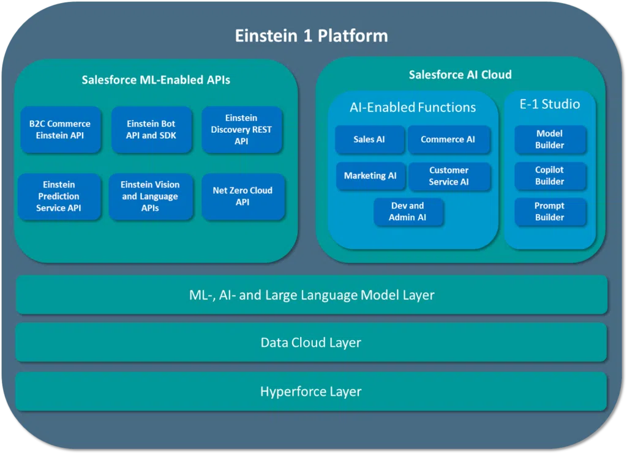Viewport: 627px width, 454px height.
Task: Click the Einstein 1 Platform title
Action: [x=311, y=35]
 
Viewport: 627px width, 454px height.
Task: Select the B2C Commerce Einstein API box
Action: [x=60, y=130]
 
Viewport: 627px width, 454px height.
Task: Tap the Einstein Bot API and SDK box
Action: [x=151, y=130]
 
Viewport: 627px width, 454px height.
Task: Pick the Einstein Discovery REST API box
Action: [x=241, y=130]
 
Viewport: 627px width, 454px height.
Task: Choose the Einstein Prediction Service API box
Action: [x=59, y=196]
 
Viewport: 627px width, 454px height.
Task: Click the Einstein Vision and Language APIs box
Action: [x=150, y=196]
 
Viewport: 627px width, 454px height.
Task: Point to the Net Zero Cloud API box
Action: [x=242, y=196]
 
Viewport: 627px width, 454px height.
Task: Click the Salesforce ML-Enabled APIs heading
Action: [x=156, y=80]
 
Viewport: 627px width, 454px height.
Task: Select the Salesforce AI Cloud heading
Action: [x=460, y=75]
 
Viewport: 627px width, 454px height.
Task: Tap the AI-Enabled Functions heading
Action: [x=412, y=107]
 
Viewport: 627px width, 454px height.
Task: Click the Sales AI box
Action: [x=369, y=140]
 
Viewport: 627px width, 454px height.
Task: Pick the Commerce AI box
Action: [x=448, y=140]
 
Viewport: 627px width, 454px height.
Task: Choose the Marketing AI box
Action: [x=370, y=176]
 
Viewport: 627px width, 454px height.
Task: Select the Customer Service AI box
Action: [x=449, y=176]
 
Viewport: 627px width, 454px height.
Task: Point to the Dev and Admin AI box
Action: [x=408, y=212]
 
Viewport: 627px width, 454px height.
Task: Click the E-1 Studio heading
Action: [x=549, y=104]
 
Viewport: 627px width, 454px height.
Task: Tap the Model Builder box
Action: [x=549, y=140]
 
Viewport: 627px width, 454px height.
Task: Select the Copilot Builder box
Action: [x=549, y=176]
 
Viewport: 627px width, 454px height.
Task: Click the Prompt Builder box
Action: [x=549, y=212]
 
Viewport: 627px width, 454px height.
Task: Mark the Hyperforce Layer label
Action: [x=311, y=392]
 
